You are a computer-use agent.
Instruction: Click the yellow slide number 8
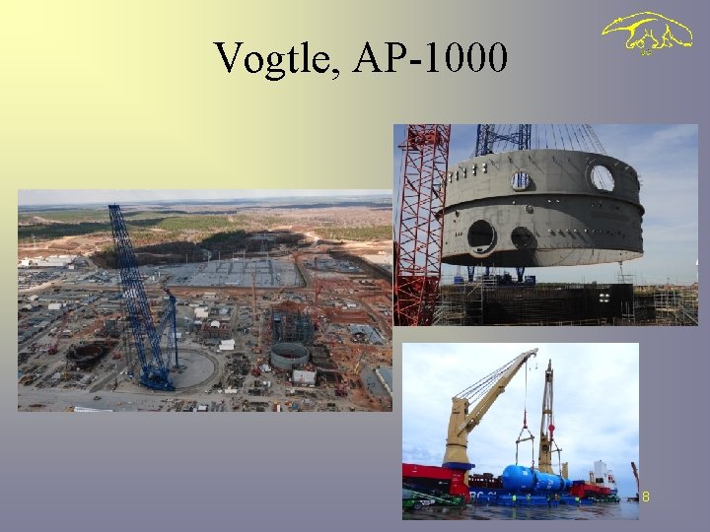point(646,498)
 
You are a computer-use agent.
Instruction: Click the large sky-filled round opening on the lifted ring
point(601,177)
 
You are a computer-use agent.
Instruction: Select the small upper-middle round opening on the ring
point(521,179)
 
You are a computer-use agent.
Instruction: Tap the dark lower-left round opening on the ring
point(481,234)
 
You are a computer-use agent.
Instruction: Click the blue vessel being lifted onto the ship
point(532,479)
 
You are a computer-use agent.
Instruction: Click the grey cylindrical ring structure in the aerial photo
point(289,355)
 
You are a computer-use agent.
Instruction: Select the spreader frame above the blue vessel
point(525,432)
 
